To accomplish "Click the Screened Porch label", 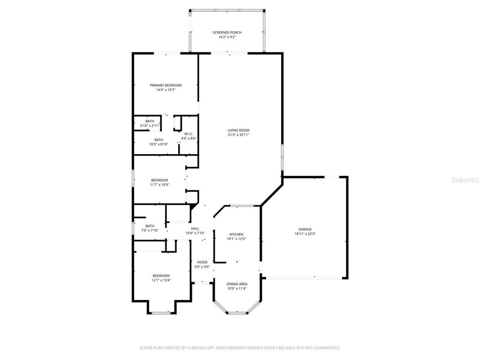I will (227, 32).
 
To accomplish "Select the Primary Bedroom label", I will (165, 85).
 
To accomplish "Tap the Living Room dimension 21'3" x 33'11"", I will (238, 135).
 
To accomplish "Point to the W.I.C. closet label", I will (189, 134).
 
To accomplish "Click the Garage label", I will (305, 229).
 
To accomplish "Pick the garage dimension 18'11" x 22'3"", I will (305, 234).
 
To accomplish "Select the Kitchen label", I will (236, 234).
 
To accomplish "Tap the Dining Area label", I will (237, 284).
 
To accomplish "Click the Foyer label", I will (202, 262).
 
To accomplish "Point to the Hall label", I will (195, 229).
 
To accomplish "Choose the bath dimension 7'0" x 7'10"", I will (150, 230).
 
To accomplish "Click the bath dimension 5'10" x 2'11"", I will (150, 126).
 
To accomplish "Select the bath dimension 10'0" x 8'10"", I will (159, 144).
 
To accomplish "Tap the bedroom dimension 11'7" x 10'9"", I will (159, 185).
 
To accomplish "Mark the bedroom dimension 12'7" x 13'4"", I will (161, 280).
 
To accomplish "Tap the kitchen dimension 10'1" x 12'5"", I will (236, 239).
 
